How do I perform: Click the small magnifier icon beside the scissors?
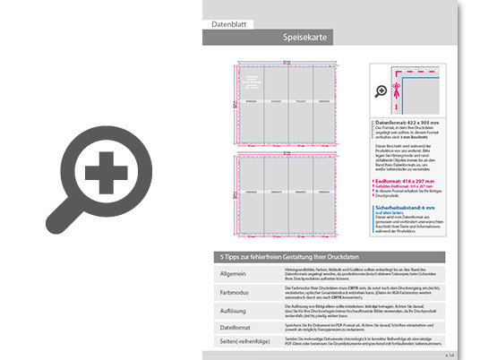[381, 90]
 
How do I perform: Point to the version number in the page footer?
[450, 355]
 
